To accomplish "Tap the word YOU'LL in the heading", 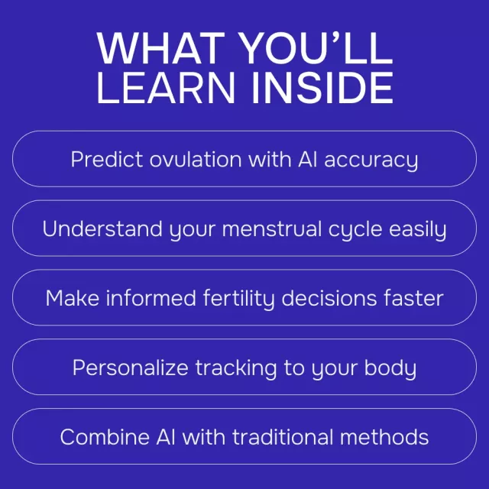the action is (317, 48).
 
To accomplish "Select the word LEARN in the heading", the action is (166, 88).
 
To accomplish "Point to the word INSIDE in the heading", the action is (322, 88).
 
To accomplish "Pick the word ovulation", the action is (196, 160).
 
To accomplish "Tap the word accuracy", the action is (371, 161).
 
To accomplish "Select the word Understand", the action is (102, 229).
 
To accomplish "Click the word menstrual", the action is (272, 229).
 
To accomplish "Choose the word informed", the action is (151, 298).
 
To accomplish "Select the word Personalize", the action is (130, 368).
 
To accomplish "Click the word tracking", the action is (236, 369).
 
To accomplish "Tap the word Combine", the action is (105, 436).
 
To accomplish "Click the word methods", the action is (384, 436).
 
